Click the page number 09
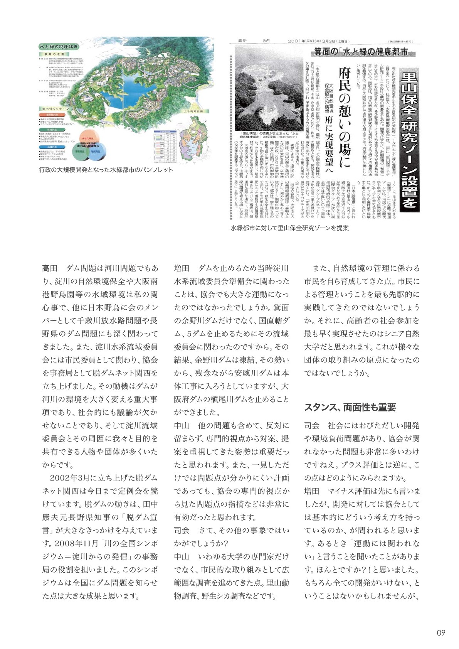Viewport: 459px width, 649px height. (x=441, y=633)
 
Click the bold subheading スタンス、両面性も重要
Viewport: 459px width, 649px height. (x=350, y=407)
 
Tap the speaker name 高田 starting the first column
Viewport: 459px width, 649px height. (x=50, y=268)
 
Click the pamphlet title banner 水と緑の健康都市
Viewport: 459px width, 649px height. (x=59, y=47)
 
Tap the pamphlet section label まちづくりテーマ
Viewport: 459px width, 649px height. (x=55, y=109)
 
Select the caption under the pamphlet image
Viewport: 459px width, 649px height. (x=106, y=170)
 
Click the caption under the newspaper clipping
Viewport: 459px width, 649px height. (x=289, y=228)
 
